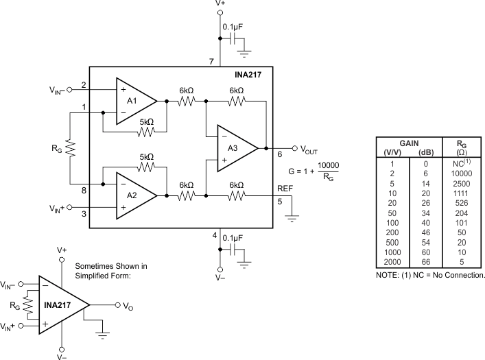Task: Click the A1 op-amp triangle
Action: (134, 101)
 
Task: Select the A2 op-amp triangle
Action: (134, 195)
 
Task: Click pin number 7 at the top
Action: (211, 62)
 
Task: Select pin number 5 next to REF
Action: (279, 202)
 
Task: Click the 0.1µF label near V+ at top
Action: (234, 27)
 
